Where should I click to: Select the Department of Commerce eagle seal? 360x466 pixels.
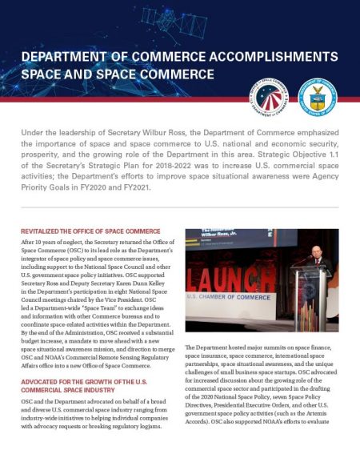click(317, 98)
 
